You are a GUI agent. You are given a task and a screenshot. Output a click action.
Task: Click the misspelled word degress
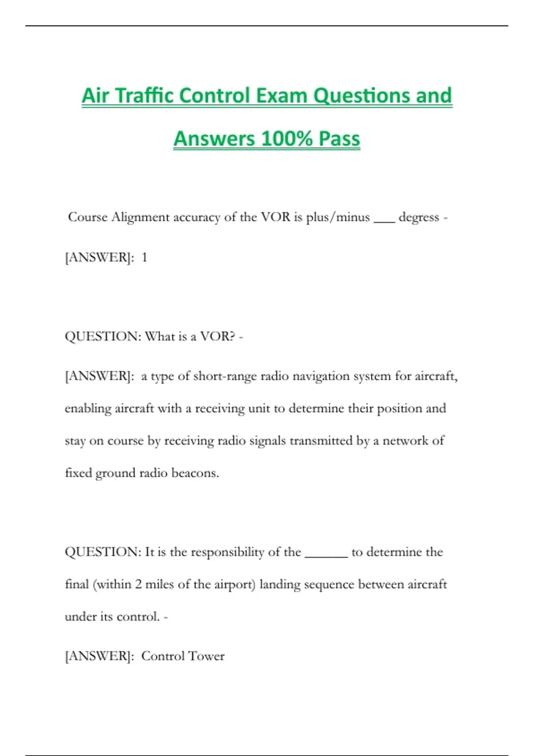(x=419, y=217)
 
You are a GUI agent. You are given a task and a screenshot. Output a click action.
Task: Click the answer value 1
(x=144, y=257)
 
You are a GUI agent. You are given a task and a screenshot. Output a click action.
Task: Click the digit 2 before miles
(x=138, y=584)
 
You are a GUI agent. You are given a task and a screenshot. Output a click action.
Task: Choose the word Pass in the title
(x=340, y=138)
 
